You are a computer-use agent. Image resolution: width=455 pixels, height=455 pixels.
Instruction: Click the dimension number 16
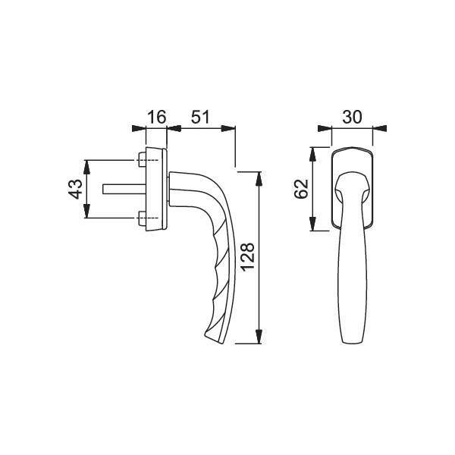click(157, 117)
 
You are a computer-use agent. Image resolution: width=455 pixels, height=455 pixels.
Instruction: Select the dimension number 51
click(200, 117)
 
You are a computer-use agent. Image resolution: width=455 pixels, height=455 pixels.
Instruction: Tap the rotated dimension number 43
click(75, 189)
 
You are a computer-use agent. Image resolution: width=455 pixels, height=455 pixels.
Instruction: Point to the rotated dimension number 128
click(248, 257)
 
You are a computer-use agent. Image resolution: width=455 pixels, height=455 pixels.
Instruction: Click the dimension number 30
click(353, 117)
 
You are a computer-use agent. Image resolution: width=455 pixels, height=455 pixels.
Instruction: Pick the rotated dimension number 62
click(301, 189)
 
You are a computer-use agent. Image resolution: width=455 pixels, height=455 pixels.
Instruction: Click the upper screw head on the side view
click(142, 159)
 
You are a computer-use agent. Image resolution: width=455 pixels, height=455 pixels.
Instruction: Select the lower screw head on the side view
click(142, 218)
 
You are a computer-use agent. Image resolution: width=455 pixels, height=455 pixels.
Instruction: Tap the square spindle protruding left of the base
click(124, 189)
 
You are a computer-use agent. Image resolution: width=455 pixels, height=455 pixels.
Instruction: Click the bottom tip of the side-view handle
click(215, 342)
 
